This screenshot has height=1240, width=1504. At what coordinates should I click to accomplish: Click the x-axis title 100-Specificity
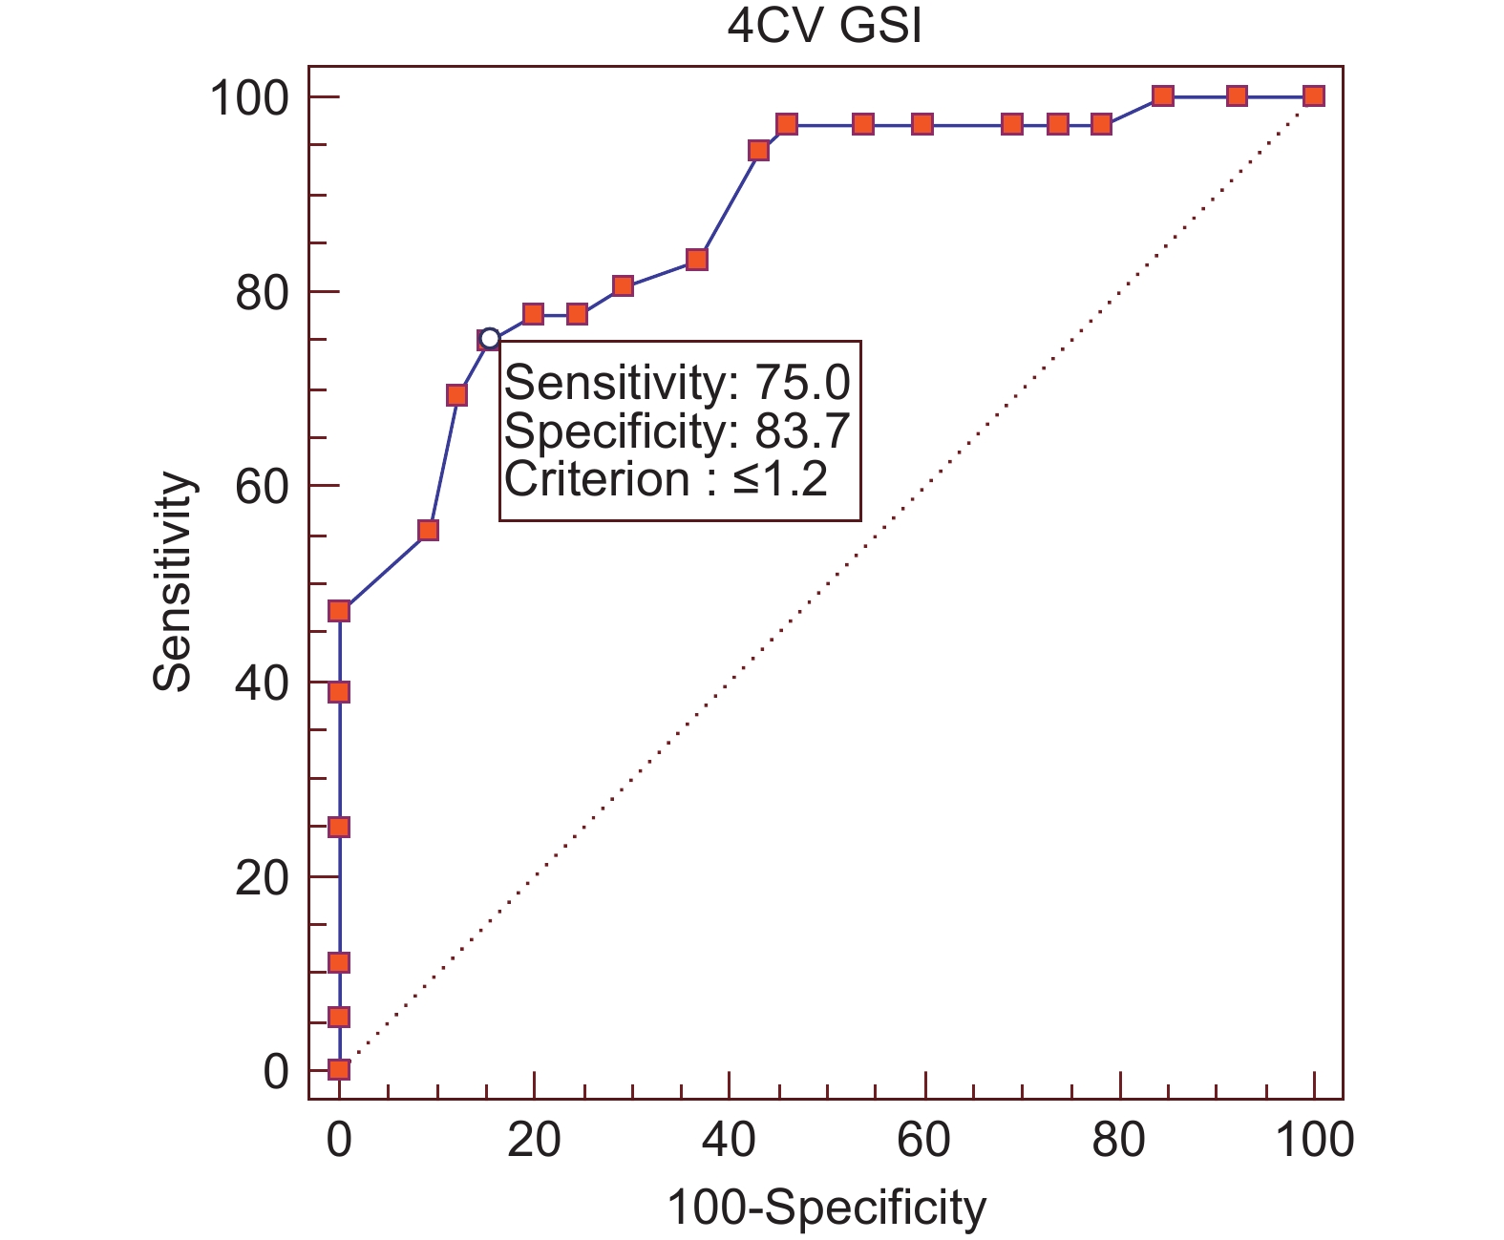826,1208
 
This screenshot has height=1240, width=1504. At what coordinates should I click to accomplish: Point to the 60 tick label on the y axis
261,487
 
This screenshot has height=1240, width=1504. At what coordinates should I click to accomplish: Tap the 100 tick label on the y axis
248,98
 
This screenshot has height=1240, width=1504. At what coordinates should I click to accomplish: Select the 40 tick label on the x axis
729,1140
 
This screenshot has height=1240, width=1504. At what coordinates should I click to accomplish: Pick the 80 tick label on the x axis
1119,1140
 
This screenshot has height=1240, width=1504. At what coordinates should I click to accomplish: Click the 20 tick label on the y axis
261,877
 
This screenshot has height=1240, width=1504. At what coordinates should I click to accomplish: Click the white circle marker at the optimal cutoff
490,338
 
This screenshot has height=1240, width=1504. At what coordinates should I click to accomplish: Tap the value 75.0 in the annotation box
802,384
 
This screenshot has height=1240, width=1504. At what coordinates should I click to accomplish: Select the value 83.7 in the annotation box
802,431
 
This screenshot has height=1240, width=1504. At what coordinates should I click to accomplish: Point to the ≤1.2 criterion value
780,479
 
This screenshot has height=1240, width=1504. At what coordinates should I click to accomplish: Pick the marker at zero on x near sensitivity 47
339,611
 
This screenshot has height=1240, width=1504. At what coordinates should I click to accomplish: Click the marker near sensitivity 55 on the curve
429,530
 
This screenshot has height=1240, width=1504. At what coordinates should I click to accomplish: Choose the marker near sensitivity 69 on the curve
457,395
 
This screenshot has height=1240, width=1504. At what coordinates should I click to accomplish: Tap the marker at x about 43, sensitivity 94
759,151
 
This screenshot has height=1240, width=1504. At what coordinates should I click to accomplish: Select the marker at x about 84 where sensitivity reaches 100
1162,95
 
